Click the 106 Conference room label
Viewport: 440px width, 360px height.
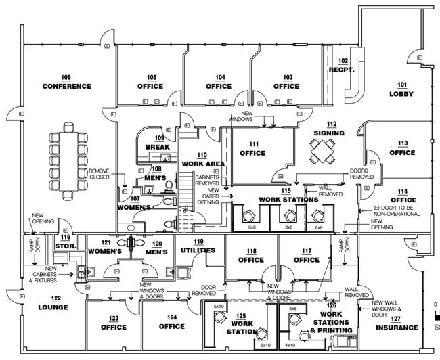(x=66, y=82)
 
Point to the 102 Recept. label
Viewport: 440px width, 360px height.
(x=343, y=66)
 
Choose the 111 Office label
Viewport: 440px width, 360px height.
(x=252, y=149)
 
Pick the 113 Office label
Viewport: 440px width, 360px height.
(x=402, y=148)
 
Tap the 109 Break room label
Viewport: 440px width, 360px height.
(x=157, y=143)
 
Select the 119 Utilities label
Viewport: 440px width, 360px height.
(x=198, y=246)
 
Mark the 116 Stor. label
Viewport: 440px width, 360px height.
(x=65, y=242)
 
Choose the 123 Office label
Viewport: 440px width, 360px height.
(x=114, y=323)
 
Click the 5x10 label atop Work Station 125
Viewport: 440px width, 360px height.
(x=218, y=307)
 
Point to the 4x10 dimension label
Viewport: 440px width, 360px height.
(x=290, y=345)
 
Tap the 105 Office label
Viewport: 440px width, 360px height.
(x=150, y=82)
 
